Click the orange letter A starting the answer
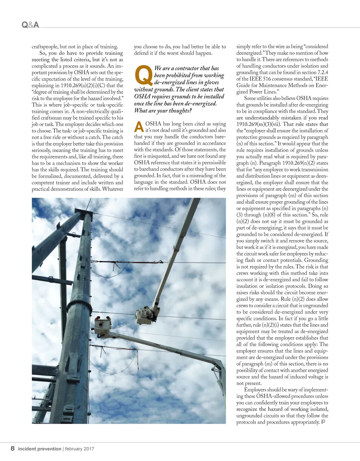click(139, 126)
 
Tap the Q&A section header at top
click(30, 25)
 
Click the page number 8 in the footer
click(13, 448)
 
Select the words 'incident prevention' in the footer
click(40, 449)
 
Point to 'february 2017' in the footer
click(79, 449)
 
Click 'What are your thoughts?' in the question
click(163, 110)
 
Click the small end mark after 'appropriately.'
click(323, 422)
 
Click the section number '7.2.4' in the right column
click(322, 72)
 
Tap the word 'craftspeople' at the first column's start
click(44, 46)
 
